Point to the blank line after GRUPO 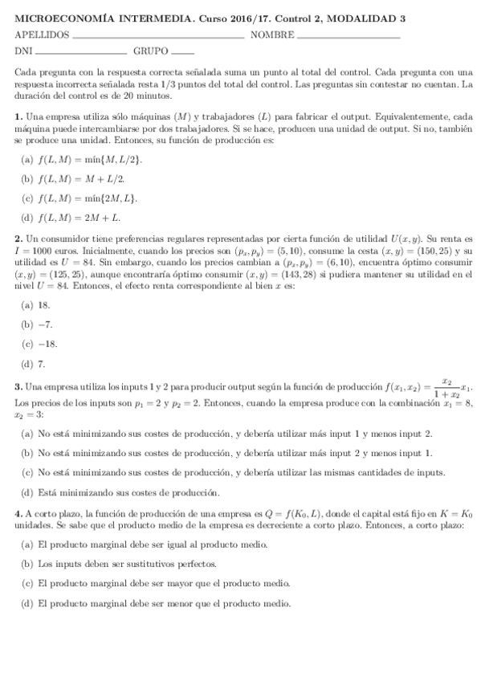tap(183, 55)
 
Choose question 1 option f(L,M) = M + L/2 tap(83, 179)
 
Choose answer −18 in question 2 tap(47, 344)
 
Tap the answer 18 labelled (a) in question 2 tap(44, 305)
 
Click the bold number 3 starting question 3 tap(18, 388)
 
